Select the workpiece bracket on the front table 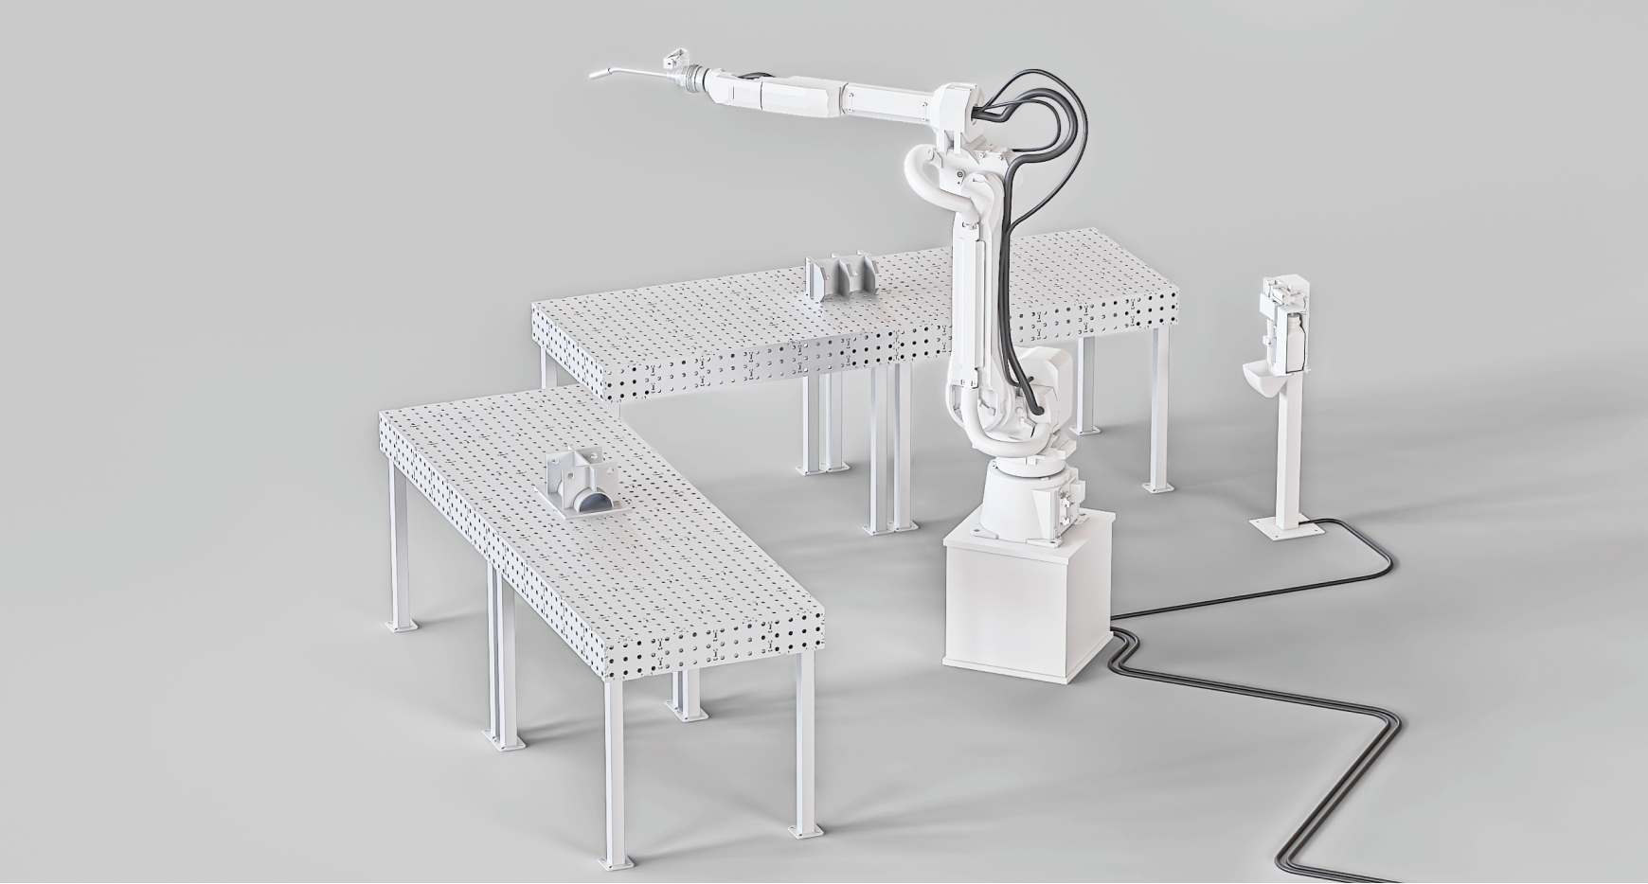[x=581, y=484]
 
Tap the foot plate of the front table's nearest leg [x=805, y=830]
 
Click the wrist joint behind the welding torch [x=696, y=78]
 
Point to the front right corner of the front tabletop [x=820, y=610]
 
